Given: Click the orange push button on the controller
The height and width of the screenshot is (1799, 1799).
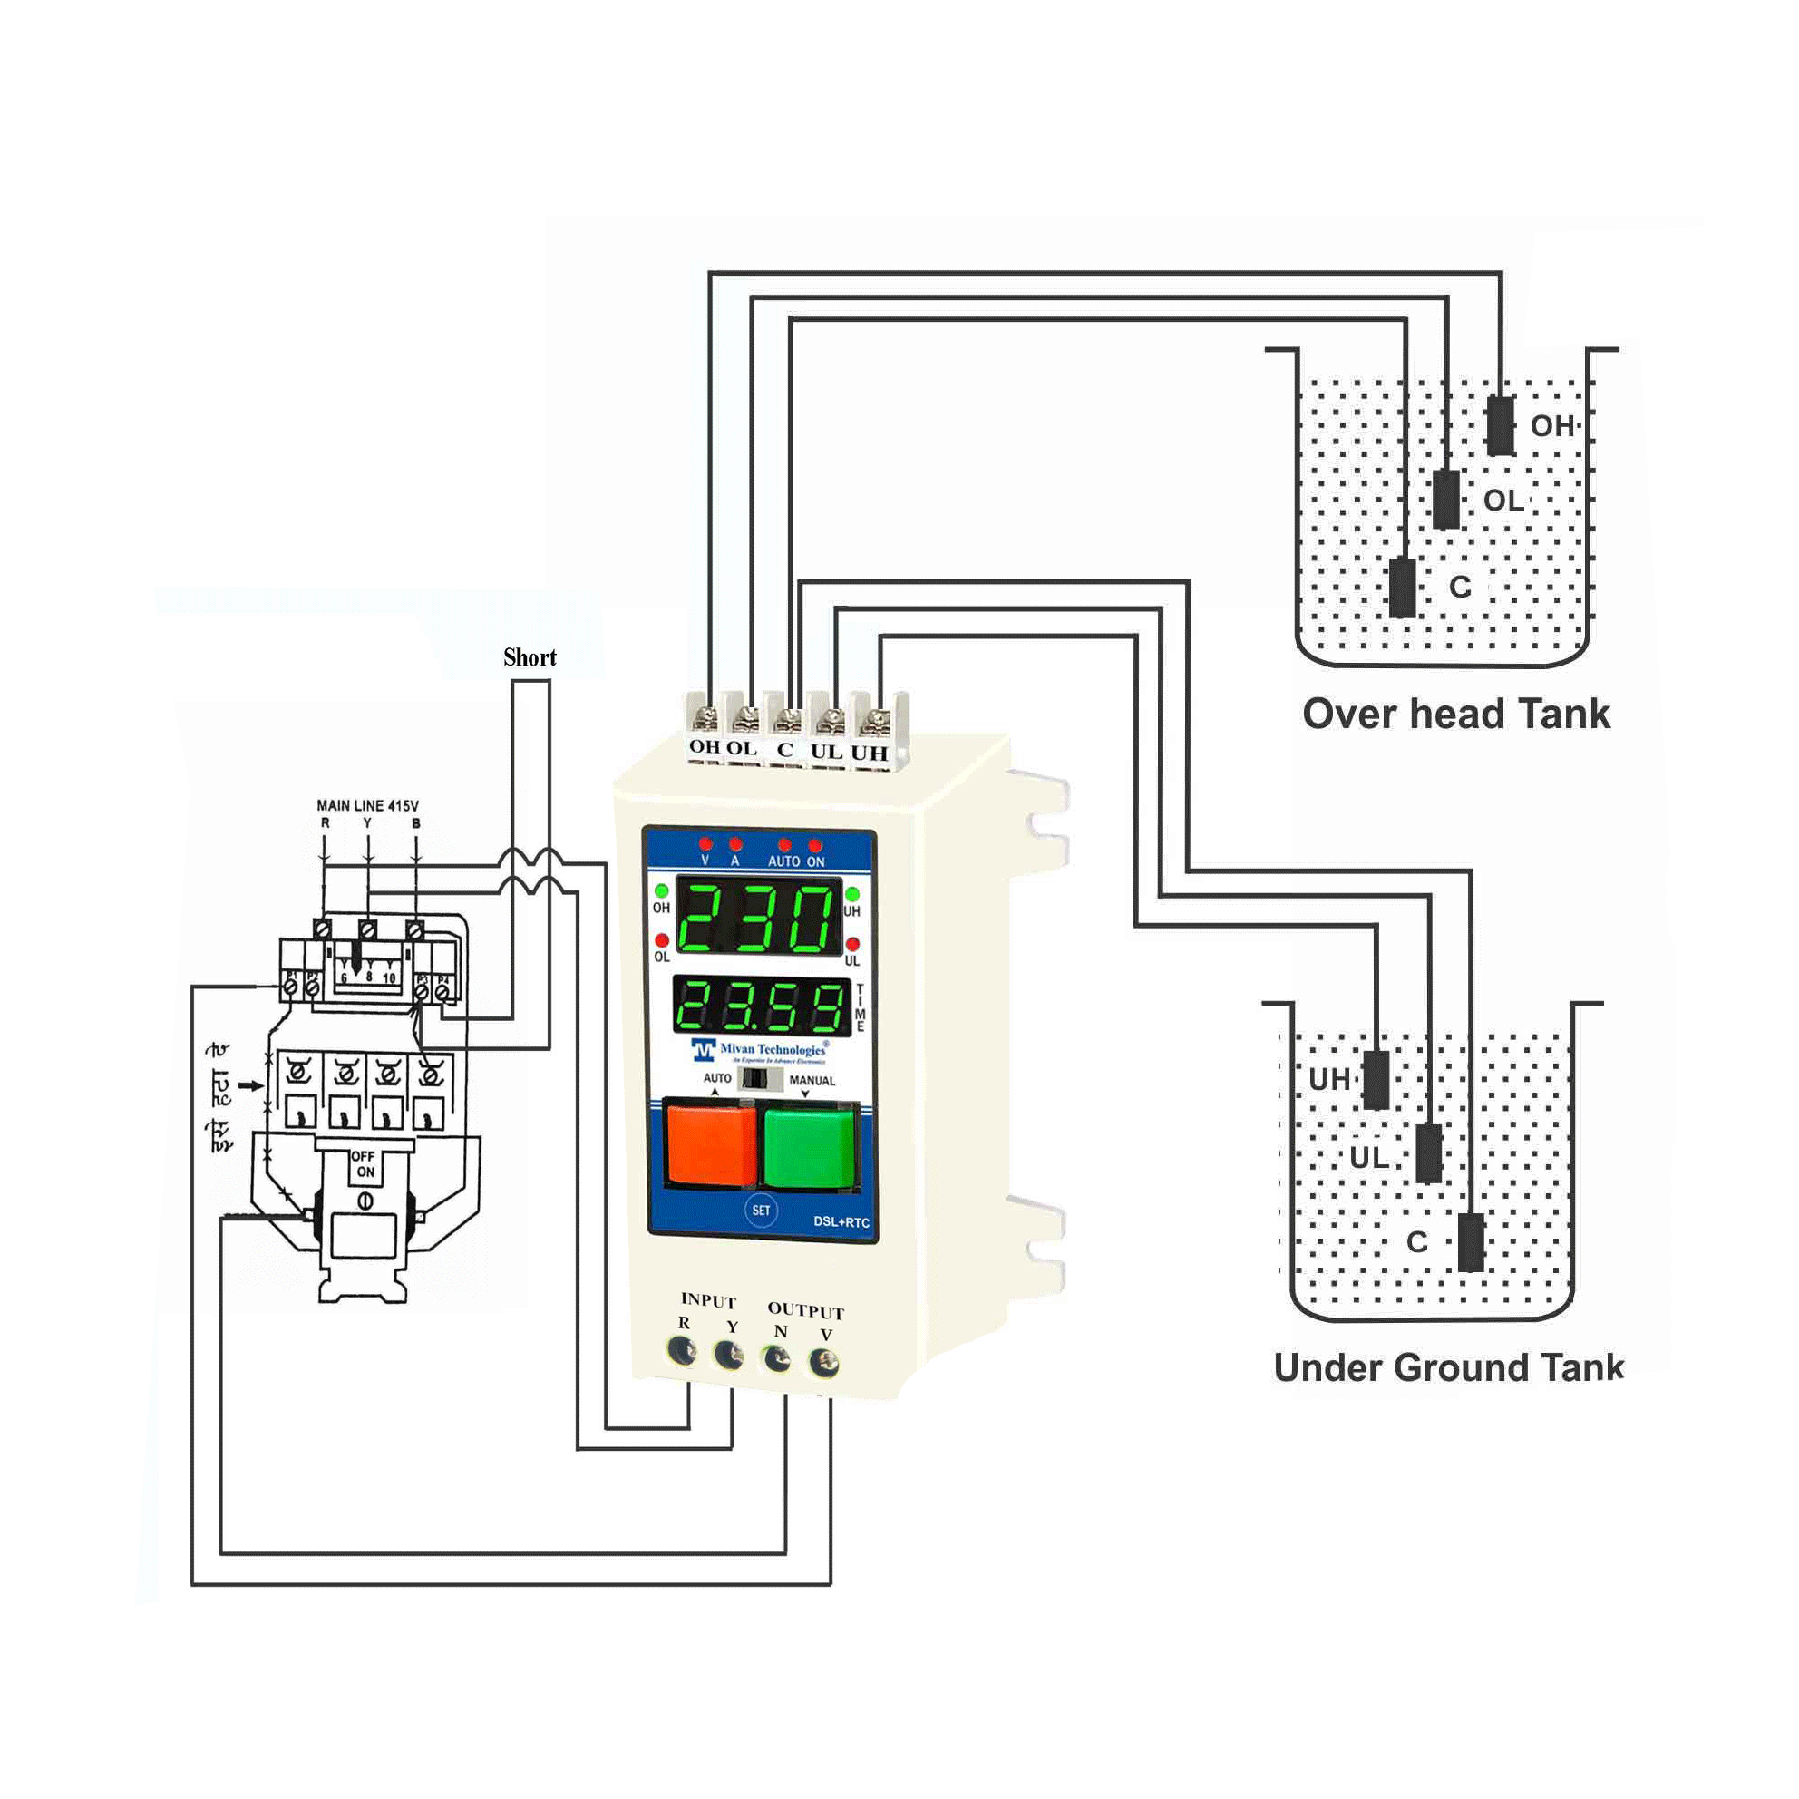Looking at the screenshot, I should (x=712, y=1143).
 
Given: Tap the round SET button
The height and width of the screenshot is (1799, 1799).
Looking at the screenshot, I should (x=761, y=1210).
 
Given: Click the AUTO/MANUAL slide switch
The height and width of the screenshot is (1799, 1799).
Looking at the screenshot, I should (x=760, y=1078).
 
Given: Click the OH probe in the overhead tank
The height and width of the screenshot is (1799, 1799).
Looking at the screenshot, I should (x=1499, y=425).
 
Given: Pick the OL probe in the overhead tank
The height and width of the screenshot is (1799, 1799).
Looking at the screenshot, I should (x=1446, y=499).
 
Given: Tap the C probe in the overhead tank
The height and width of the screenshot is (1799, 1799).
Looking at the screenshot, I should (x=1403, y=588).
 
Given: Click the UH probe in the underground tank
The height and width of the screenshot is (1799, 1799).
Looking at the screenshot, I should (x=1376, y=1080).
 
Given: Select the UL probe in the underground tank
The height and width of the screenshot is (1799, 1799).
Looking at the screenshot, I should (x=1428, y=1153).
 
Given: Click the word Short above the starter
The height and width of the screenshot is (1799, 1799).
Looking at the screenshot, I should (x=530, y=657).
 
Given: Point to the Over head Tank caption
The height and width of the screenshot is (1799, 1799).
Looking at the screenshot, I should (x=1455, y=715).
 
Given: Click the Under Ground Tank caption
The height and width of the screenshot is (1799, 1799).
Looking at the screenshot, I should (x=1448, y=1368).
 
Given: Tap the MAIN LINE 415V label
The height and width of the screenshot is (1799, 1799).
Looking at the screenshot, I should (x=368, y=805).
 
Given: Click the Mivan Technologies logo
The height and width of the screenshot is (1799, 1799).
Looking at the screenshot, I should (x=759, y=1050).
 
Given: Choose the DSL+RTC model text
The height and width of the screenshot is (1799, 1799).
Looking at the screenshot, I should (x=841, y=1221).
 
